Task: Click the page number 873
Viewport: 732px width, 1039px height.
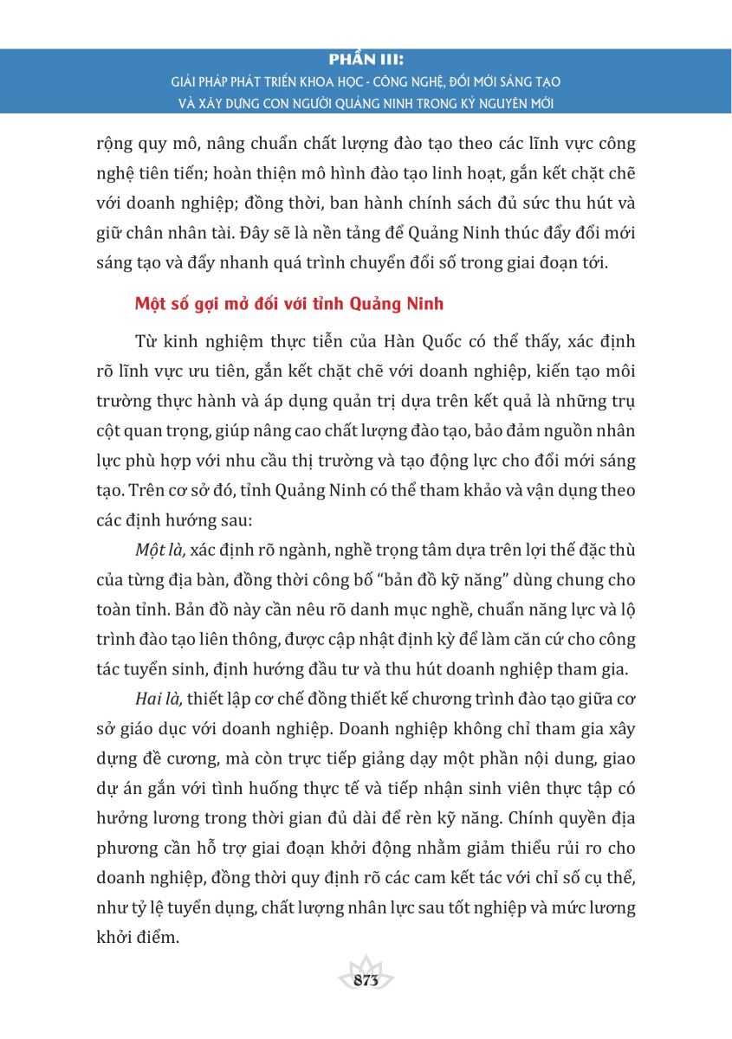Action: tap(366, 980)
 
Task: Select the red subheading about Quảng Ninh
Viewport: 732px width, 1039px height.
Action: tap(289, 304)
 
